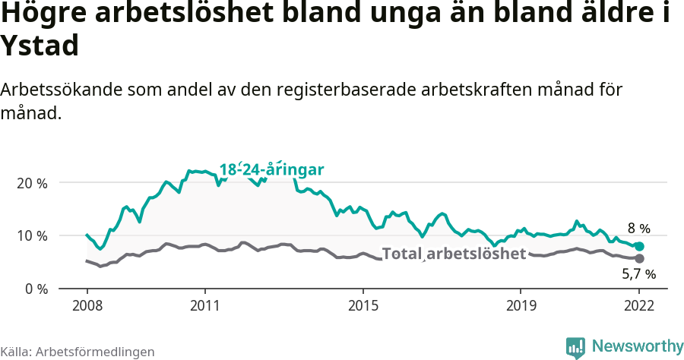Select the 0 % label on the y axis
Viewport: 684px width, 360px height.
click(35, 289)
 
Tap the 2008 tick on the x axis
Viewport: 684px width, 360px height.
click(87, 307)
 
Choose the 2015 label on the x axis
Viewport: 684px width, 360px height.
click(363, 307)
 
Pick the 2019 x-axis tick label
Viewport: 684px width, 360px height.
click(521, 307)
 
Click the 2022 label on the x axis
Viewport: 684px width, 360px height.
click(639, 307)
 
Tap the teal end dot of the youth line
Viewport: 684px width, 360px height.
click(639, 247)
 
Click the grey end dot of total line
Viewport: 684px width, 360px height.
click(639, 259)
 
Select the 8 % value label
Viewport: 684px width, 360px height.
click(638, 228)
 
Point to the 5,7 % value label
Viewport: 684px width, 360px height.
click(638, 274)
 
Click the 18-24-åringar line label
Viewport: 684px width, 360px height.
click(271, 169)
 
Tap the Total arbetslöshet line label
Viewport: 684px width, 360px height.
click(454, 254)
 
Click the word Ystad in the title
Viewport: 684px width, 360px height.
click(40, 46)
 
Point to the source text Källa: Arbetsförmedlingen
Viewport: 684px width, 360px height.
click(78, 352)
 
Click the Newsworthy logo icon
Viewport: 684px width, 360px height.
click(575, 347)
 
